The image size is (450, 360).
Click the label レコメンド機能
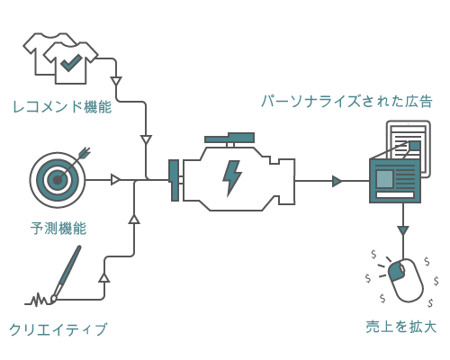62,106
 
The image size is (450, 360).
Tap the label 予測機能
58,228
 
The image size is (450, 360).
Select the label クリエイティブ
58,329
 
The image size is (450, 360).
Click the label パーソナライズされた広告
346,101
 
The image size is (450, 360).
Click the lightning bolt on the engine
232,177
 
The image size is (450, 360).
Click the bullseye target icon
57,180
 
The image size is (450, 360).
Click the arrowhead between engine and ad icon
337,181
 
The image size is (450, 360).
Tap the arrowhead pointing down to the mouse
402,231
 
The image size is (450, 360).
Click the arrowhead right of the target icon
115,180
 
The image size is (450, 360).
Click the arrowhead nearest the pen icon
104,277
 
